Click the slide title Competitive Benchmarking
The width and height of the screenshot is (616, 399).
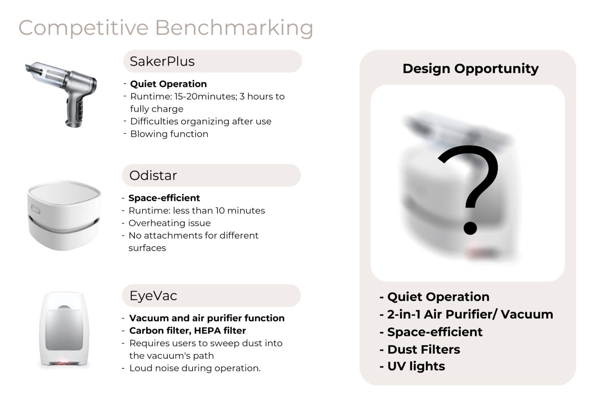(x=166, y=28)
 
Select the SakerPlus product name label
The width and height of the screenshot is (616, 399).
(x=162, y=61)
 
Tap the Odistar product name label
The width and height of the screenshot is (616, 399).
(x=153, y=175)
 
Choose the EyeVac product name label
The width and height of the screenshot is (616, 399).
(x=153, y=295)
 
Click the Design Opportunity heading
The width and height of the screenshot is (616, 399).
(x=471, y=68)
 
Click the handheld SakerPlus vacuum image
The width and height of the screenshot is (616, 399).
(x=61, y=95)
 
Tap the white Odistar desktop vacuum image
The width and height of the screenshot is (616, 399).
(x=64, y=215)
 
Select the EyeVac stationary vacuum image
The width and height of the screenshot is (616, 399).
(x=64, y=329)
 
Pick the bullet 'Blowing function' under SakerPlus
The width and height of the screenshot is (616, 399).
(x=169, y=134)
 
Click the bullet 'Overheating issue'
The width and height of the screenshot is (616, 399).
(x=169, y=223)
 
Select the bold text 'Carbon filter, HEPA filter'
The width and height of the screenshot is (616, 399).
(x=187, y=331)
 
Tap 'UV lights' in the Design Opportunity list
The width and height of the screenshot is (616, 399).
(x=416, y=366)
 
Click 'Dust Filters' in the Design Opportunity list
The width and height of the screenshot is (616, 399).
(x=423, y=349)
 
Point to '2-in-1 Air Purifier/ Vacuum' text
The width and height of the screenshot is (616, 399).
(x=470, y=314)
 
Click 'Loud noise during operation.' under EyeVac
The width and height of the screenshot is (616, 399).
(x=195, y=368)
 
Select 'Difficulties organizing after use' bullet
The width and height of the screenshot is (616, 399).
(x=201, y=121)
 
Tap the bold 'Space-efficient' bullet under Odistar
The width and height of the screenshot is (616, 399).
(x=164, y=198)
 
